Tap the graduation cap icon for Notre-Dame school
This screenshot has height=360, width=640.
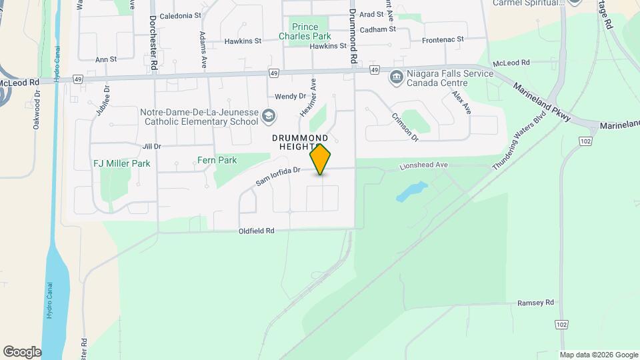pyautogui.click(x=268, y=117)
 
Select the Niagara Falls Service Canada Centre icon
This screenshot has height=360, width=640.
pyautogui.click(x=396, y=77)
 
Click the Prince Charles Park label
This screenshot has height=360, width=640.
pyautogui.click(x=305, y=31)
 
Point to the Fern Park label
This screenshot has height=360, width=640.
pyautogui.click(x=217, y=161)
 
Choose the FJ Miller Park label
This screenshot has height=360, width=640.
pyautogui.click(x=121, y=163)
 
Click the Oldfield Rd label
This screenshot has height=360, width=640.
pyautogui.click(x=257, y=231)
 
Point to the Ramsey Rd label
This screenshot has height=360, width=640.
pyautogui.click(x=535, y=303)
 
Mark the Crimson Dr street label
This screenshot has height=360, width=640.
pyautogui.click(x=405, y=128)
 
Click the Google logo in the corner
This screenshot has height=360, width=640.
pyautogui.click(x=22, y=352)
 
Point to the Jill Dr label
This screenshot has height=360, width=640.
pyautogui.click(x=151, y=146)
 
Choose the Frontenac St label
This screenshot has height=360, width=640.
pyautogui.click(x=443, y=40)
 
